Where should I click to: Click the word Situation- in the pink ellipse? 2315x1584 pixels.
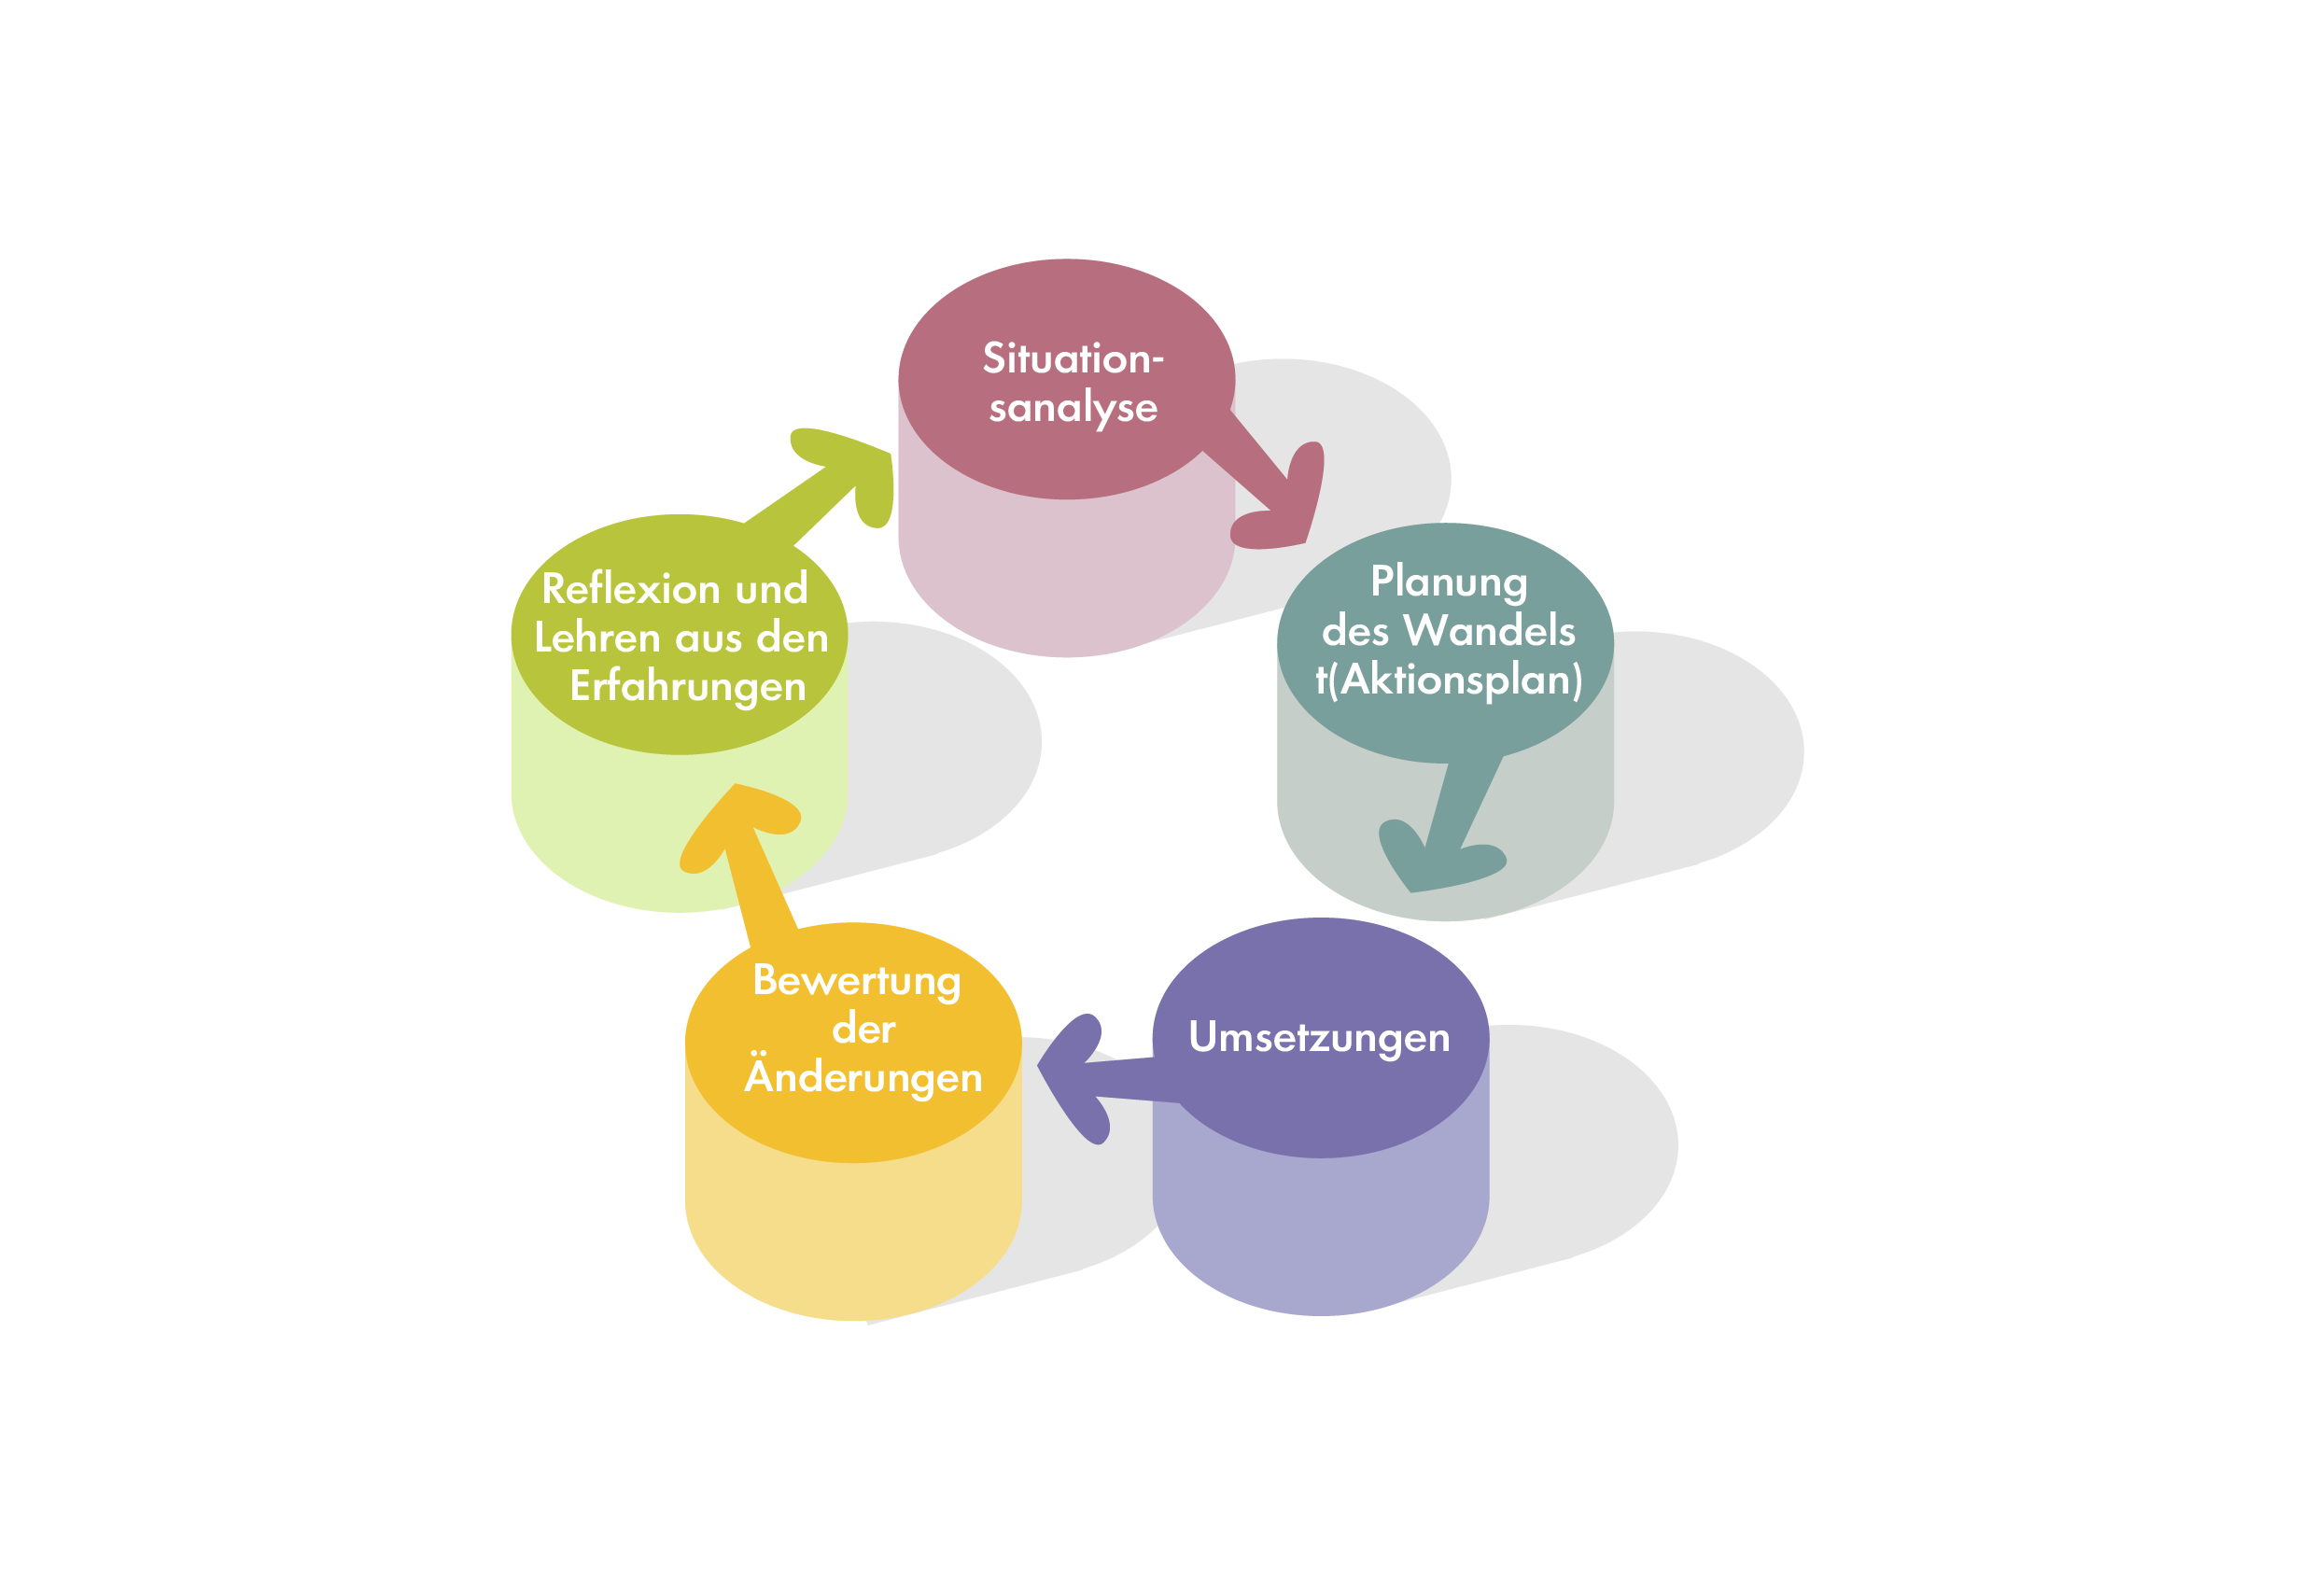1073,358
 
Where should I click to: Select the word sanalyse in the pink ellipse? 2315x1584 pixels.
1073,409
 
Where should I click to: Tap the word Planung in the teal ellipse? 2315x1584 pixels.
1449,582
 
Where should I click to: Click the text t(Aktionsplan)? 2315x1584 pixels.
1449,680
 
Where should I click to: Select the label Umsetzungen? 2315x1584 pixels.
1319,1038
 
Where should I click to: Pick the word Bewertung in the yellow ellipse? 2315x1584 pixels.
857,981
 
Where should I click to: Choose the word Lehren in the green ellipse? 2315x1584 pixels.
597,638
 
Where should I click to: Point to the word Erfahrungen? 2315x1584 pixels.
687,687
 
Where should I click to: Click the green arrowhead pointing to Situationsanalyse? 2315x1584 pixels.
847,473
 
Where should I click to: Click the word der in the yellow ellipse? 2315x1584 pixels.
863,1030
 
